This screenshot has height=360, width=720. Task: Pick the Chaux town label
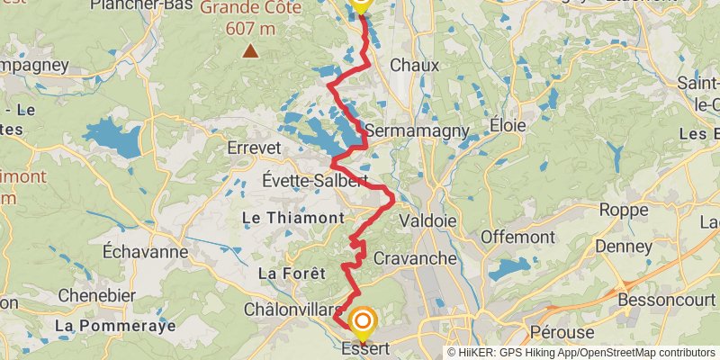coord(415,65)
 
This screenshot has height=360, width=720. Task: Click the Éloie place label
coord(507,126)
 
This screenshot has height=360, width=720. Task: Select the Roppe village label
coord(624,211)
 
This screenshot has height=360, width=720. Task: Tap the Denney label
coord(622,246)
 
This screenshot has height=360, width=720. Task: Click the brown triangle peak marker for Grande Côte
coord(250,51)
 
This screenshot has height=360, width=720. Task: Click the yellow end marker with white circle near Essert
coord(363,321)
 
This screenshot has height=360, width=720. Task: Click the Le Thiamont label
coord(293,218)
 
